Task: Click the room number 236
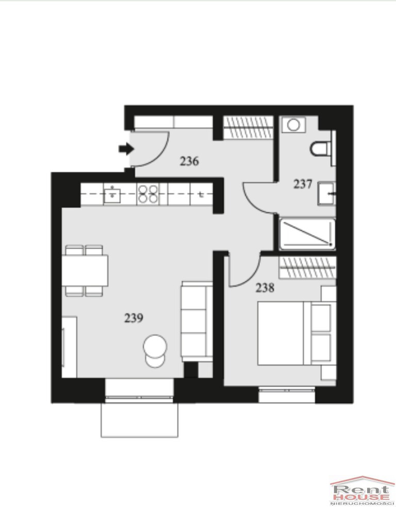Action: (189, 161)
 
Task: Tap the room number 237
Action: (303, 184)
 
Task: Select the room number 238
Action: (265, 288)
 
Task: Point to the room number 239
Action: (134, 318)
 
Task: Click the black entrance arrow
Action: (126, 149)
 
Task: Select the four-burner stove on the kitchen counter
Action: (147, 194)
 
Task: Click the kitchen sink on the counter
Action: (112, 194)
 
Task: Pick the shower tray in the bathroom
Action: (307, 234)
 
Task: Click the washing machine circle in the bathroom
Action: (293, 125)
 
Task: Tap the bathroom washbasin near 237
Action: (326, 194)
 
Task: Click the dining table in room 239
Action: (85, 271)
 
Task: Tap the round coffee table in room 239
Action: (155, 346)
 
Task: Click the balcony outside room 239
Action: (140, 420)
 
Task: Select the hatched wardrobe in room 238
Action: (307, 267)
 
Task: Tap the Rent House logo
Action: (362, 491)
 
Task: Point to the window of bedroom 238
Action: (287, 394)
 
